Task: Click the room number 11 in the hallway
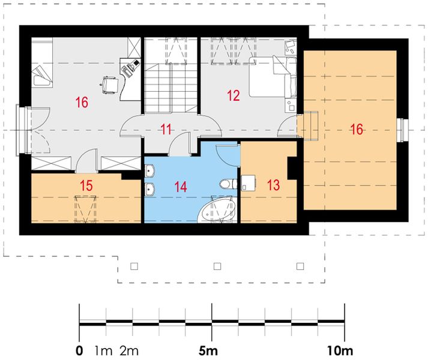point(166,129)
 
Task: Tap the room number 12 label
point(234,95)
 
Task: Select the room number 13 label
point(273,185)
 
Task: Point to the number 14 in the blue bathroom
point(181,187)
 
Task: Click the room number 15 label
point(86,185)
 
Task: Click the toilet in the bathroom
point(228,184)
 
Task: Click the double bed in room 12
point(273,77)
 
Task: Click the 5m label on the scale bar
point(208,350)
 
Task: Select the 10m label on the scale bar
point(340,350)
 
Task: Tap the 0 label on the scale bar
point(79,350)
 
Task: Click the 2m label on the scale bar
point(129,350)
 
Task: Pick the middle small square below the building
point(217,266)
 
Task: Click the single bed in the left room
point(42,62)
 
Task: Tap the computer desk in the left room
point(130,79)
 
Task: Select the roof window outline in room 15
point(85,209)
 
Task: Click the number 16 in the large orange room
point(357,129)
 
